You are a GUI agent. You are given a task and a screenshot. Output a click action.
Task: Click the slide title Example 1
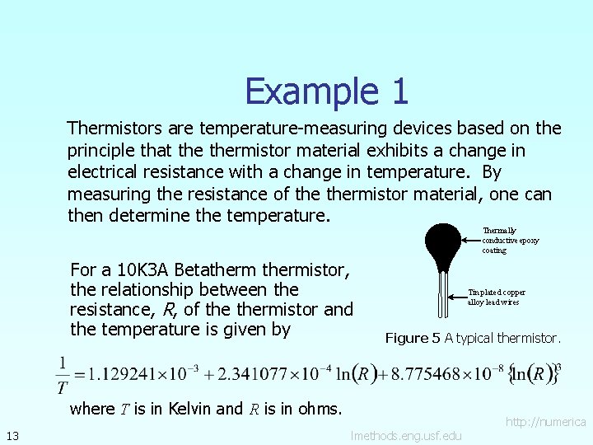point(326,91)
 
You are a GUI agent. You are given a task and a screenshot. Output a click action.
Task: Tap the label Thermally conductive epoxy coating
point(510,241)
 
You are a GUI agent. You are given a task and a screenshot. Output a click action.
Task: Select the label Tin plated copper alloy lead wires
point(496,297)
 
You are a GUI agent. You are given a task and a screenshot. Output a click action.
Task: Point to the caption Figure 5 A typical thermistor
point(473,338)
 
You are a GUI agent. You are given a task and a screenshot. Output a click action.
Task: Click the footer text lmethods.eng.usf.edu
point(406,435)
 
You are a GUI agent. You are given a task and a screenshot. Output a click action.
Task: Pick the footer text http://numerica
point(545,422)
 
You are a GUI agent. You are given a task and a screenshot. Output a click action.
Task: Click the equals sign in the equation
point(81,375)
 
